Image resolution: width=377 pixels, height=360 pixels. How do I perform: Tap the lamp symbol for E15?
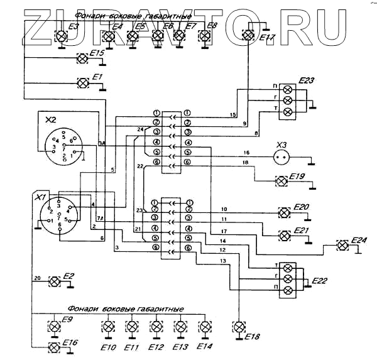point(82,59)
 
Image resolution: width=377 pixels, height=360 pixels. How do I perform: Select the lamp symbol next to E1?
point(82,83)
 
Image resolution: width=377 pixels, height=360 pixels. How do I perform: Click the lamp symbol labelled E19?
point(281,181)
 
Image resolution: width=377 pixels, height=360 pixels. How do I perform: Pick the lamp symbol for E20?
point(284,212)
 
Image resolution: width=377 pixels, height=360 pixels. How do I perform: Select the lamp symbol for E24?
point(343,244)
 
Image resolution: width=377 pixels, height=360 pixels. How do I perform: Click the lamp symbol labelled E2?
point(54,280)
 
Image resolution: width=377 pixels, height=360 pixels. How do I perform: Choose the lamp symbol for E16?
point(54,346)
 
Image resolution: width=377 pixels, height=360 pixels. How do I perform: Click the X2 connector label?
point(52,119)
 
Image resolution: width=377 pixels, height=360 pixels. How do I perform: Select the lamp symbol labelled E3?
point(61,36)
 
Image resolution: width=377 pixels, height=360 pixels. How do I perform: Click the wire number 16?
point(246,153)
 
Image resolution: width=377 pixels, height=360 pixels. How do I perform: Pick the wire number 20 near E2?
point(37,277)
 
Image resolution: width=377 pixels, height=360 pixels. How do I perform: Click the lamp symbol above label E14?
point(204,326)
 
